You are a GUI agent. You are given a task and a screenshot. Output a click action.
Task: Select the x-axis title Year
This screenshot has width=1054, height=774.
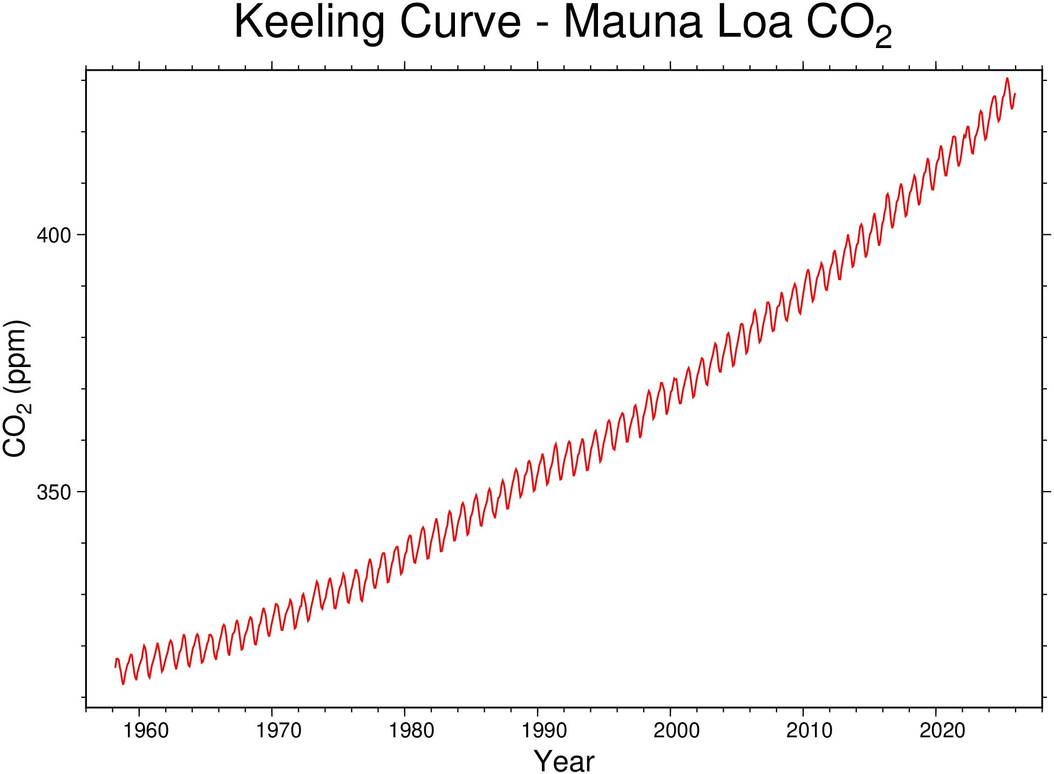[563, 761]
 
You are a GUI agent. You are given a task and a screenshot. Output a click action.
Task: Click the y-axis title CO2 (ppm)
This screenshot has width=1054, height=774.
[16, 389]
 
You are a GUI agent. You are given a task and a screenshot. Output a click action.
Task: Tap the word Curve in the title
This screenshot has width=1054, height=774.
[460, 23]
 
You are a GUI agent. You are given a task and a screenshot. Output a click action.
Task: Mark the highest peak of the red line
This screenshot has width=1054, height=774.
[1007, 78]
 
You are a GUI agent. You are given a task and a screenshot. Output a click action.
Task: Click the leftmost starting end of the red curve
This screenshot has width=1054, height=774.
[115, 667]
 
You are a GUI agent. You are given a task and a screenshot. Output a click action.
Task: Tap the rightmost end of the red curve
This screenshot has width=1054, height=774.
[1015, 94]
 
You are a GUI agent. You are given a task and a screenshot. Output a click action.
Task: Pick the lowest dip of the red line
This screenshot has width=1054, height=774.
[123, 684]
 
